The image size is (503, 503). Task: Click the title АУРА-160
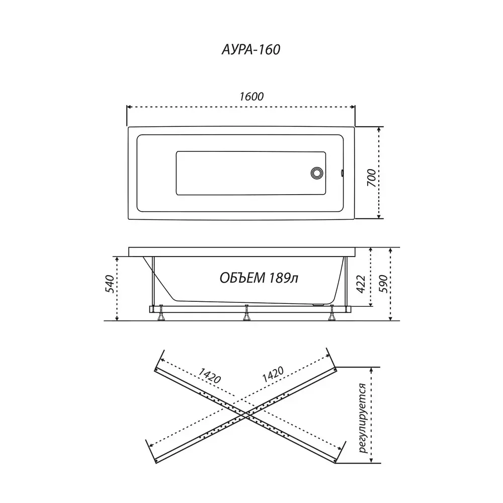(251, 50)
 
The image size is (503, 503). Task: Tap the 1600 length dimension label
(251, 97)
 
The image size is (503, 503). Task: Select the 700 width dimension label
(371, 178)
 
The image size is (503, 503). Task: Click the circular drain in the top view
(317, 173)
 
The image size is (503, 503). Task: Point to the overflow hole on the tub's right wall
(342, 173)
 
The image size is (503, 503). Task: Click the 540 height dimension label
(110, 284)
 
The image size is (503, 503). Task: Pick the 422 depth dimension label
(361, 284)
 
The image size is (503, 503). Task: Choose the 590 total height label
(383, 284)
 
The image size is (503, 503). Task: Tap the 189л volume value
(283, 278)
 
